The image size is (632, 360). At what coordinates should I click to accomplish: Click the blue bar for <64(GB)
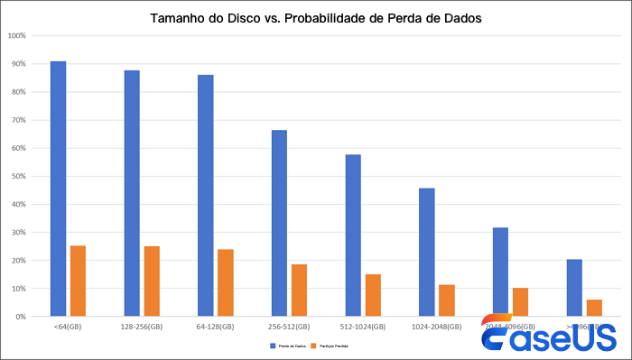pos(58,189)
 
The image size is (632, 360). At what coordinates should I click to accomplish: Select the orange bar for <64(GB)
pos(78,281)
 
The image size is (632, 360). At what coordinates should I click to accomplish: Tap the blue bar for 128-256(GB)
pos(132,193)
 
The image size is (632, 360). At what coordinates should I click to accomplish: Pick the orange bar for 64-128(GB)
pos(226,282)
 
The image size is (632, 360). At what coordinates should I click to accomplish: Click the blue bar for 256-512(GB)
pos(279,223)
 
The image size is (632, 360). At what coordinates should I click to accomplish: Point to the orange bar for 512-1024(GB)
pos(373,295)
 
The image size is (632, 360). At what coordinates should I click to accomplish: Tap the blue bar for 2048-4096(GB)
pos(500,271)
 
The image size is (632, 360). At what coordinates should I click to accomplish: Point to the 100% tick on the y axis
pos(16,36)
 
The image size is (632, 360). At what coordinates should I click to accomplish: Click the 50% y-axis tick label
pos(17,176)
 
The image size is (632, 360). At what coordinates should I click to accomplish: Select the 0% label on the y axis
pos(19,317)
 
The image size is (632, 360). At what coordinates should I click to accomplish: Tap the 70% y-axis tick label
pos(17,120)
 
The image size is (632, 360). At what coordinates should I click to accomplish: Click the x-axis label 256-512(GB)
pos(289,326)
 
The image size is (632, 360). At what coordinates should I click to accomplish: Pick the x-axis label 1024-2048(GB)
pos(437,326)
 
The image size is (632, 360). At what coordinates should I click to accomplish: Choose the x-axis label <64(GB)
pos(68,326)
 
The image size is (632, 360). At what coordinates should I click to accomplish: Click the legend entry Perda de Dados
pos(287,346)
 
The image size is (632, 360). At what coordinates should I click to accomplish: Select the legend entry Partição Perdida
pos(331,346)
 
